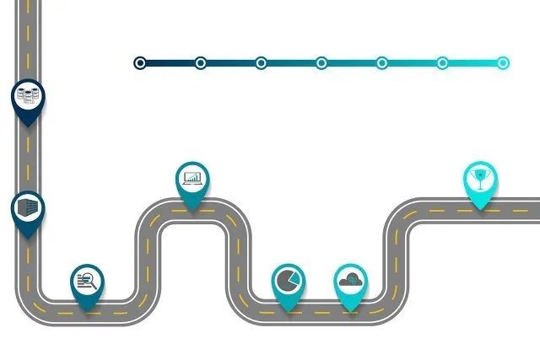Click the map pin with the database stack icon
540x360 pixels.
point(28,96)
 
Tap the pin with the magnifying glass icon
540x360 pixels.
point(87,281)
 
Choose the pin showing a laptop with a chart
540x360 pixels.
point(193,178)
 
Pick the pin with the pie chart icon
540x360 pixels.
point(288,279)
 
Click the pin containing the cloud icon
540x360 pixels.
point(350,279)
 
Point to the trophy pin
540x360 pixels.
point(480,178)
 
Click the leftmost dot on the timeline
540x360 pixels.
point(140,62)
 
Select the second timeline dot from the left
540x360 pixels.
point(201,62)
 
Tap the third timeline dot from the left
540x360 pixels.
point(262,62)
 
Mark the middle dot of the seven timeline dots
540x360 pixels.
point(321,62)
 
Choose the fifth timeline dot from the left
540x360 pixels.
point(382,62)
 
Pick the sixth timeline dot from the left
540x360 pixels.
point(442,62)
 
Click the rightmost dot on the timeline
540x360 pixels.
point(503,62)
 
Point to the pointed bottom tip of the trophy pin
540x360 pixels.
point(480,209)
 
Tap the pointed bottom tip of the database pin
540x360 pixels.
point(28,126)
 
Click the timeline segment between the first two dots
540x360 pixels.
point(170,62)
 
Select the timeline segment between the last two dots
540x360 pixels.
point(472,62)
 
